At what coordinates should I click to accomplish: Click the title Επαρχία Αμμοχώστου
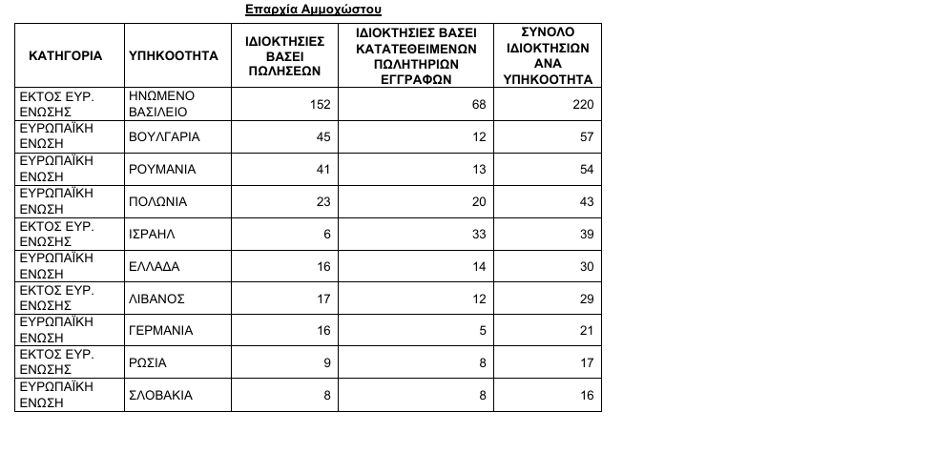pos(313,10)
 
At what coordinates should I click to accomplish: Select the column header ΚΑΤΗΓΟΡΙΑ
pos(66,56)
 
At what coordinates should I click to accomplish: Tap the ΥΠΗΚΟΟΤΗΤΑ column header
pos(174,56)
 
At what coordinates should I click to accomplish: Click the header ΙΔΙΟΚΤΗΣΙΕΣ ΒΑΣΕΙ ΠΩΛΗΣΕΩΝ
pos(285,56)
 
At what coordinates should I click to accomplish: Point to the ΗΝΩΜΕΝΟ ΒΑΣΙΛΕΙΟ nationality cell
pos(162,104)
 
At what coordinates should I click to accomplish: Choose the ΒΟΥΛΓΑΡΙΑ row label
pos(164,136)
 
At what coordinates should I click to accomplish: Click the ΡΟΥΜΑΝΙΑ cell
pos(162,169)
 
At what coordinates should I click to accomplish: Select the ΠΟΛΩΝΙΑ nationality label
pos(157,201)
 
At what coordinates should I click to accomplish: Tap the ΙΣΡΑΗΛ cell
pos(153,234)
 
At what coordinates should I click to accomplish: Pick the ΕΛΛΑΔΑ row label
pos(154,266)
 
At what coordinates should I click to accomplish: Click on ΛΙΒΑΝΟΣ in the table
pos(156,299)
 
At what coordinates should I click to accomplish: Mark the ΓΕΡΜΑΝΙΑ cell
pos(160,331)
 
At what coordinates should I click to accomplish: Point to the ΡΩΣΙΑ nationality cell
pos(147,363)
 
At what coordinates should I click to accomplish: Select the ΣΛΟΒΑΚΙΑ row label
pos(160,395)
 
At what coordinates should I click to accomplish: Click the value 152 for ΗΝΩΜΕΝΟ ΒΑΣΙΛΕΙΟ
pos(321,104)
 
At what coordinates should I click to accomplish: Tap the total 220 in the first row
pos(582,104)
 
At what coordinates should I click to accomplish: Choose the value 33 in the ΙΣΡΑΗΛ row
pos(479,234)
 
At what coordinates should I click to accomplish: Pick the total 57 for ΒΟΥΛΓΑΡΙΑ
pos(586,136)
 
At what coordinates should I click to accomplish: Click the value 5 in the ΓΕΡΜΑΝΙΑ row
pos(483,331)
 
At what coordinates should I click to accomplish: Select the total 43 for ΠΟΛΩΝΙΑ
pos(586,201)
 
